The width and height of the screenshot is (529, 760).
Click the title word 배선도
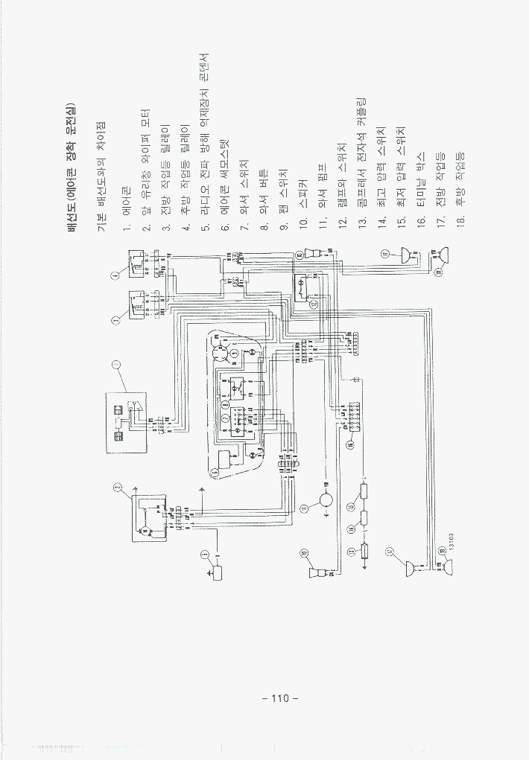pyautogui.click(x=73, y=217)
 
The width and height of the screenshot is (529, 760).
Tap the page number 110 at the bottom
pyautogui.click(x=279, y=698)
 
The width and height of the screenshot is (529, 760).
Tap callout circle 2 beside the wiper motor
pyautogui.click(x=117, y=488)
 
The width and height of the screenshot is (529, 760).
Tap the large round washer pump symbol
pyautogui.click(x=326, y=502)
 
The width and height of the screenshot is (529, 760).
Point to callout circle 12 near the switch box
pyautogui.click(x=314, y=304)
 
